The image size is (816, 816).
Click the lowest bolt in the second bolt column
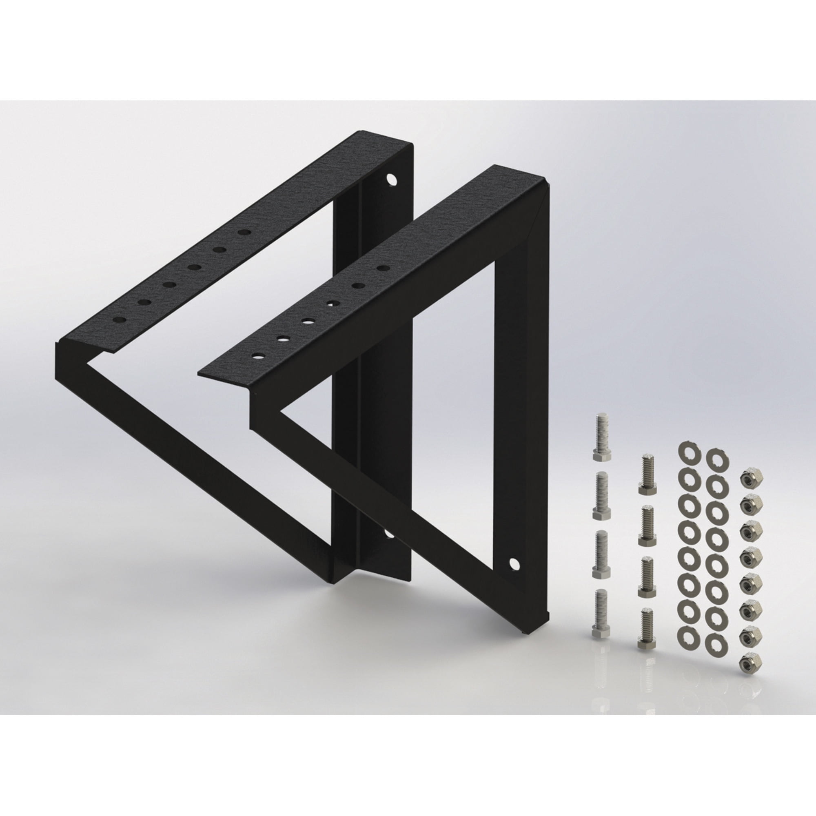point(647,640)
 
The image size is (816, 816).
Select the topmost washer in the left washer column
point(689,454)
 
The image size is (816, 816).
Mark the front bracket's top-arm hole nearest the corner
point(383,268)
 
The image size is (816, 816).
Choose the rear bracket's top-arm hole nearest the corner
point(243,232)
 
